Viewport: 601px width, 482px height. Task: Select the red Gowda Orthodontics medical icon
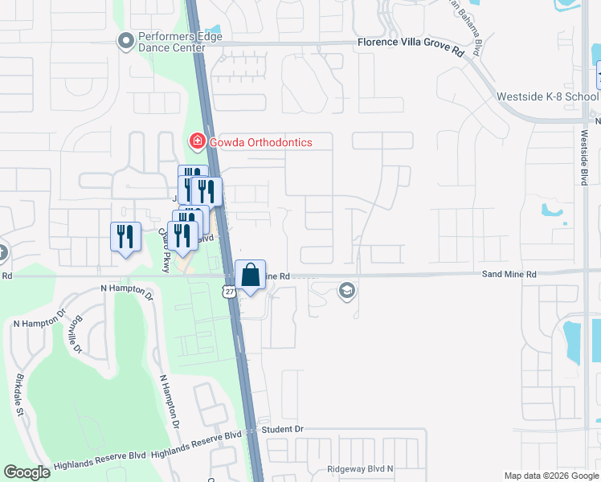coord(196,142)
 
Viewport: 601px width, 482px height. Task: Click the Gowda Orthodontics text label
coord(260,142)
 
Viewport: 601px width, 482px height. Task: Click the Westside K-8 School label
coord(547,96)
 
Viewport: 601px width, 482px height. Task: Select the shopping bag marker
coord(250,275)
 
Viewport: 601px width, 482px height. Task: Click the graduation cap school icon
coord(347,290)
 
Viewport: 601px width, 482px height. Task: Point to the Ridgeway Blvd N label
coord(360,468)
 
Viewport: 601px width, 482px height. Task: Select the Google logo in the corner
coord(27,472)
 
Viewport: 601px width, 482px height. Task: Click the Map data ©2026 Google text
coord(550,476)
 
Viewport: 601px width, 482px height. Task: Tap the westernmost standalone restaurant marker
coord(125,237)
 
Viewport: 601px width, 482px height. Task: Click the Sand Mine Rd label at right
coord(509,274)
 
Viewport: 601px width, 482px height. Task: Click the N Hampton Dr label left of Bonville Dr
coord(35,321)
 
